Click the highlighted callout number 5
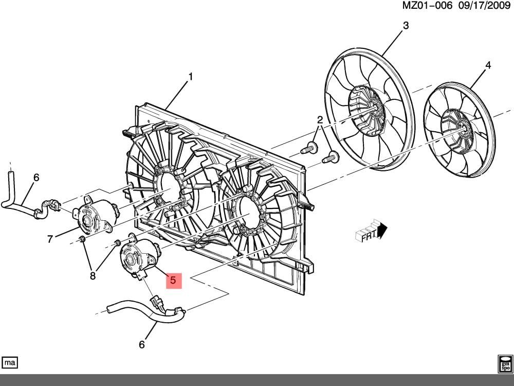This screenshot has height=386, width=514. point(173,280)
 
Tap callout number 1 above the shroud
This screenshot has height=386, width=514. point(190,77)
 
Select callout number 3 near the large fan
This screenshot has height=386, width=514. point(406,25)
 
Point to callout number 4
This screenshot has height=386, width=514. point(488,65)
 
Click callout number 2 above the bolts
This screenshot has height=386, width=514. point(320,120)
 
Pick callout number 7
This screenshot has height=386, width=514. point(50,238)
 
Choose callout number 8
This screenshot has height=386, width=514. point(93,276)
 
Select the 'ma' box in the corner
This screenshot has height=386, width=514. point(10,362)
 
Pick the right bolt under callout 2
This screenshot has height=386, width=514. point(331,156)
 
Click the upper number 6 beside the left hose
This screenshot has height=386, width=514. point(36,178)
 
